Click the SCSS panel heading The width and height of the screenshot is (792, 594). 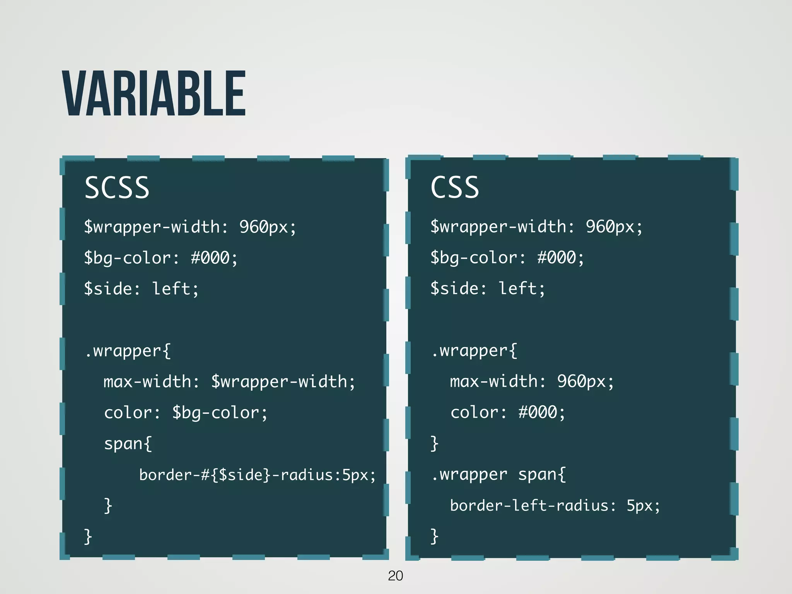pos(117,188)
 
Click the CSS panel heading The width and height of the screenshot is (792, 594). pos(455,188)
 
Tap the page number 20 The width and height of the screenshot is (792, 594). pos(395,576)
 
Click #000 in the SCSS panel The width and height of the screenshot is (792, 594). pos(210,258)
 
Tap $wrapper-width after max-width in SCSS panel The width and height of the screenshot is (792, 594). pos(279,382)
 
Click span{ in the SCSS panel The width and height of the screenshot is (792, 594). pos(128,444)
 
